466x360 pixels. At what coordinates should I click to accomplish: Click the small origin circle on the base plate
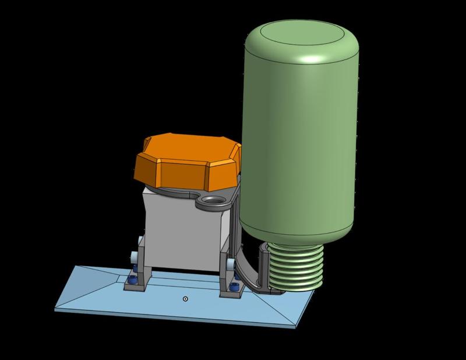(185, 299)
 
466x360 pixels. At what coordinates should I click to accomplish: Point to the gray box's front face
(181, 233)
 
